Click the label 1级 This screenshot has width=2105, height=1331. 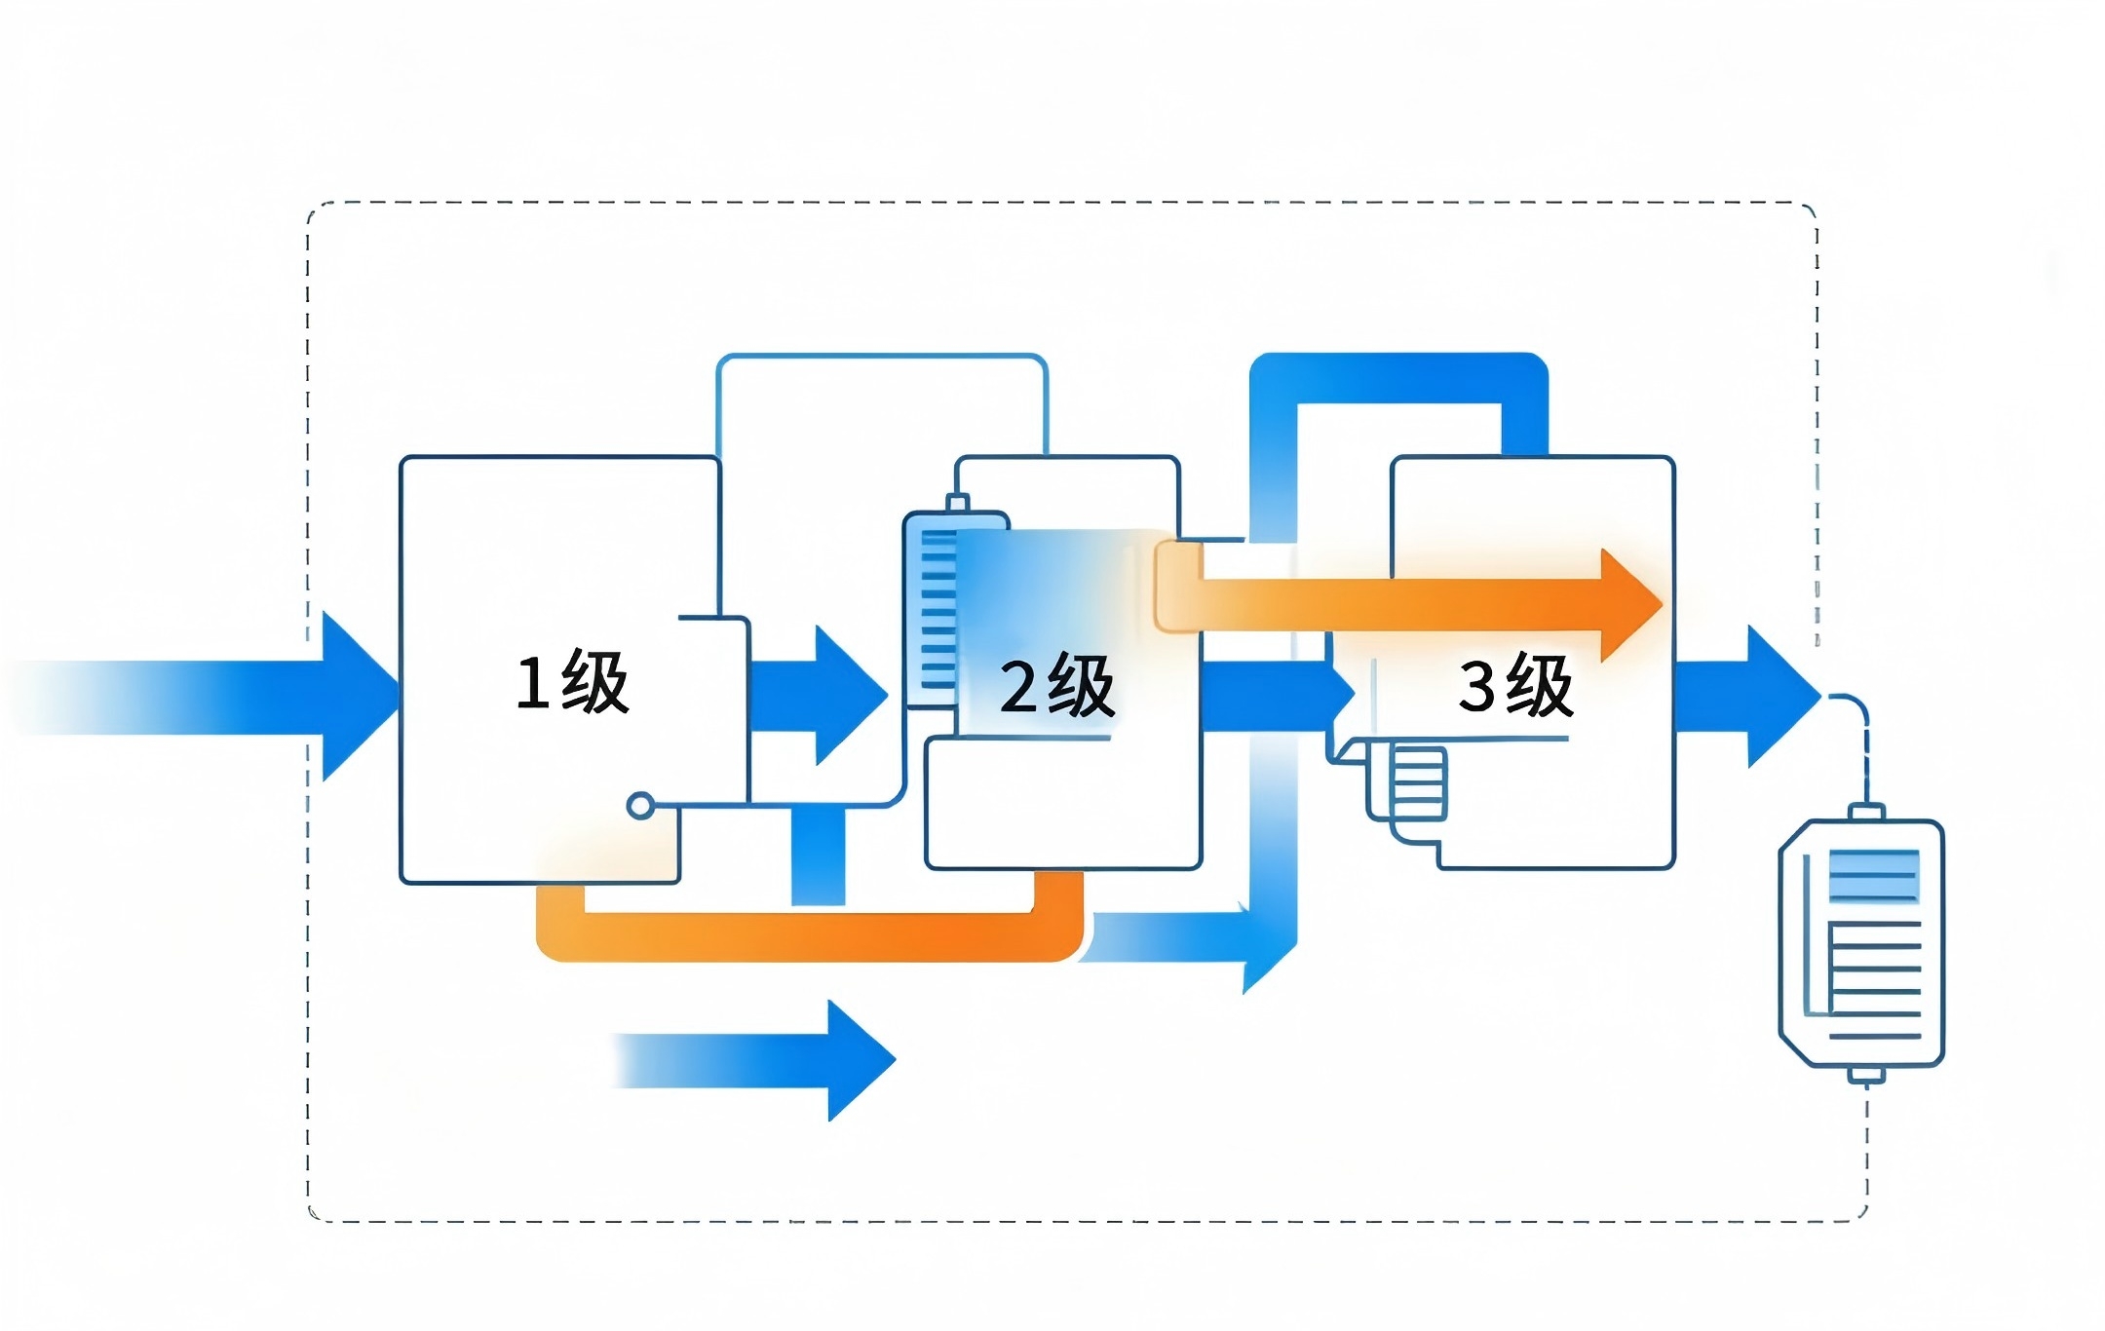pos(572,682)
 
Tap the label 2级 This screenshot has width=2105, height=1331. pos(1057,687)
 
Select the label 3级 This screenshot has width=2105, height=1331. pos(1515,686)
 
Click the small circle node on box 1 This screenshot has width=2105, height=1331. pos(640,806)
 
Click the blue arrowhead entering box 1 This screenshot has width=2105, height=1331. pos(361,696)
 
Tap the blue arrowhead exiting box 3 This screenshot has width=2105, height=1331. pos(1784,696)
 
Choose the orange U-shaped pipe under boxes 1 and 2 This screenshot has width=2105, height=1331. pos(809,937)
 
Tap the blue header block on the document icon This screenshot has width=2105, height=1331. pos(1874,875)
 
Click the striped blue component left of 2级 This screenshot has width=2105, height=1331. pos(933,609)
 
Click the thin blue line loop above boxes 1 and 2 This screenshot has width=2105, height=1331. pos(882,357)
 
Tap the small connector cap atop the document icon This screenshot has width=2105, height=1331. pos(1866,812)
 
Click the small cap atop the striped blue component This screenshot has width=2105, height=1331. pos(957,503)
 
